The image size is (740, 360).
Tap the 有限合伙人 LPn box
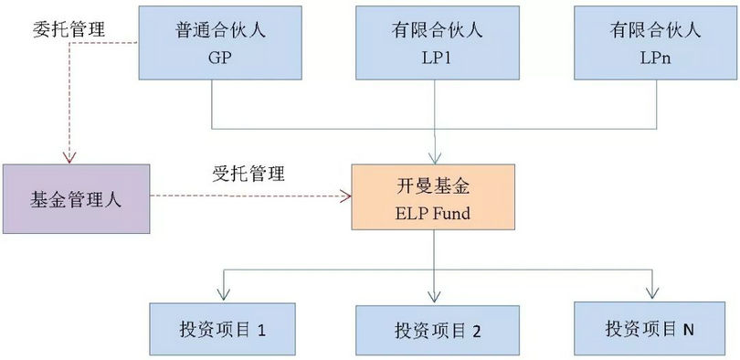pos(653,42)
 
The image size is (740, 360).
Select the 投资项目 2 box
pos(436,330)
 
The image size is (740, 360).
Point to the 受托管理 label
pos(248,173)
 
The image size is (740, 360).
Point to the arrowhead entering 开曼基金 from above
pos(434,159)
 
